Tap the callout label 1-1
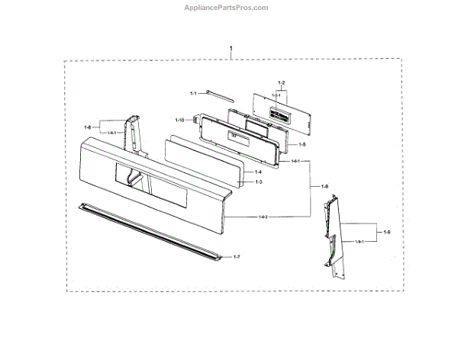click(193, 93)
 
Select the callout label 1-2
click(281, 83)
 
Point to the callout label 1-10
click(180, 120)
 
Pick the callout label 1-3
click(258, 182)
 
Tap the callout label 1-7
click(236, 257)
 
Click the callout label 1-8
click(89, 127)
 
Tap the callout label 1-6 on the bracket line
click(325, 187)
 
